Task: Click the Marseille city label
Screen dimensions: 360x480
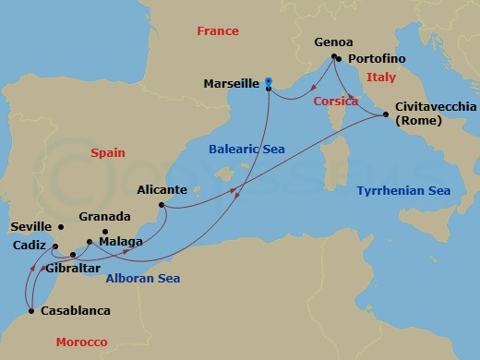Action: (232, 83)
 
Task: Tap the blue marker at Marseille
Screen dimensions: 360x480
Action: (268, 81)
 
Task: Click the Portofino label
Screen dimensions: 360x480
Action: (378, 59)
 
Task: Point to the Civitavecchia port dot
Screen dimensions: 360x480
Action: (385, 114)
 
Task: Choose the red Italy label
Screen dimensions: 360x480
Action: (380, 78)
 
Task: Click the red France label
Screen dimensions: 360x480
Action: (218, 31)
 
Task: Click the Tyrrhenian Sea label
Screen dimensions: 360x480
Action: (403, 191)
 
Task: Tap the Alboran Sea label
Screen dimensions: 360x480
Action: (142, 278)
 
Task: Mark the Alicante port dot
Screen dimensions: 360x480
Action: (162, 205)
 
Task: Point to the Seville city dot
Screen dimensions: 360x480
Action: (61, 226)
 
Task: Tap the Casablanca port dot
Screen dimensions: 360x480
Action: (32, 311)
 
